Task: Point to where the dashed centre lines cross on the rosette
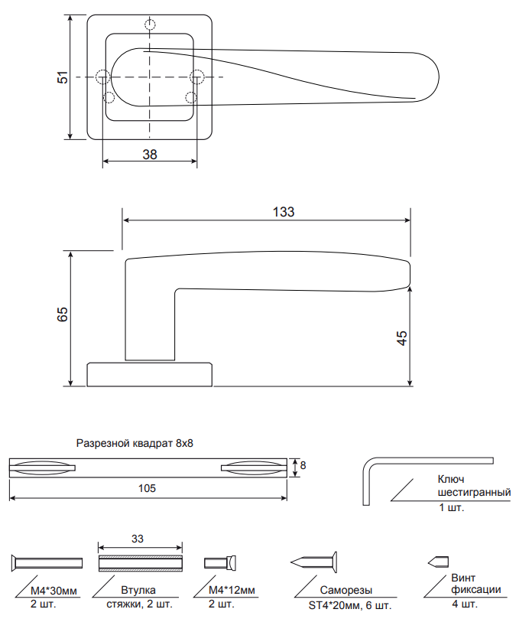point(150,77)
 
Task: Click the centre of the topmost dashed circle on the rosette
point(150,24)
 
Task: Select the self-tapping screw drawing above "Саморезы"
point(314,562)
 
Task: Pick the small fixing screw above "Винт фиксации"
point(438,562)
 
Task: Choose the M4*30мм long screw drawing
point(47,562)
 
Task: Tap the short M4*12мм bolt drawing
point(220,562)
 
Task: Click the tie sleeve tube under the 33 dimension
point(141,563)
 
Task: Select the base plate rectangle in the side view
point(150,374)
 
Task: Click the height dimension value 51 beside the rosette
point(63,77)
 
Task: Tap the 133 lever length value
point(284,212)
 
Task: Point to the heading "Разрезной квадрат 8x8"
point(135,443)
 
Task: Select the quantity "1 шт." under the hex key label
point(452,507)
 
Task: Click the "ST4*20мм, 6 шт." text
point(350,605)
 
